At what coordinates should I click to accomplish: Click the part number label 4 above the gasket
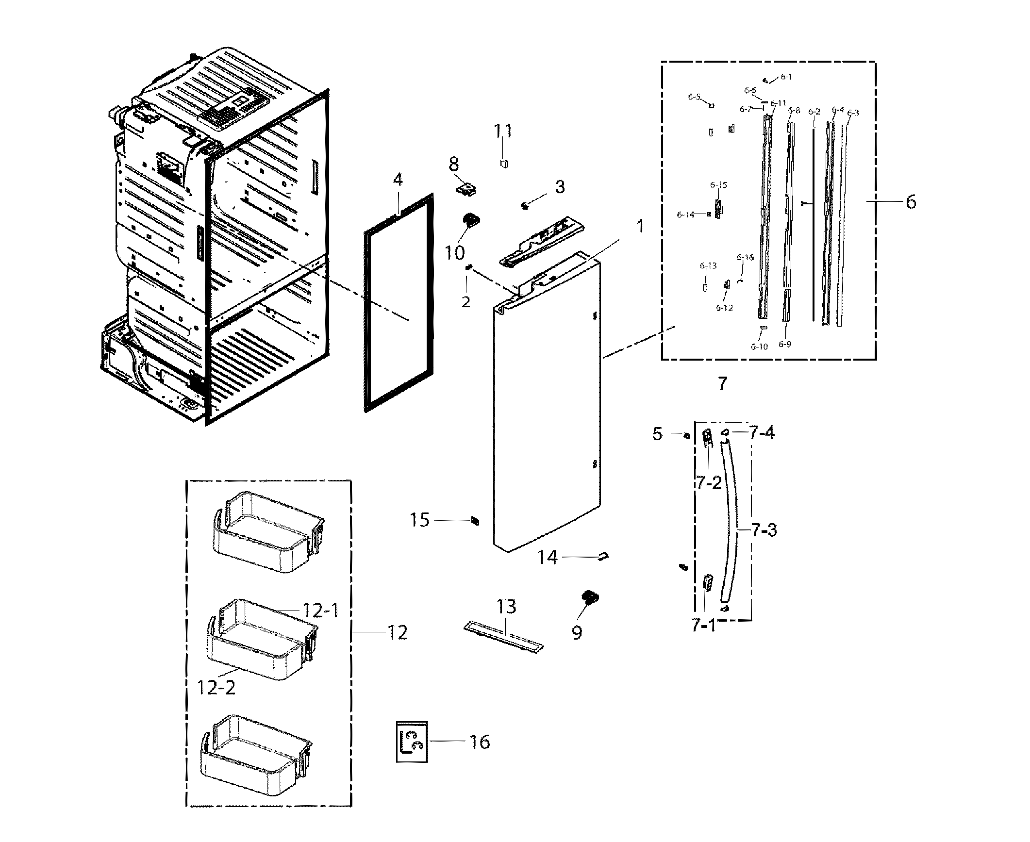click(398, 180)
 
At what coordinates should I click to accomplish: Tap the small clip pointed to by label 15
click(475, 521)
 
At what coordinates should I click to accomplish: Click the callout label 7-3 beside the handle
click(764, 530)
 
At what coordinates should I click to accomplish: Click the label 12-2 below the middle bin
click(216, 687)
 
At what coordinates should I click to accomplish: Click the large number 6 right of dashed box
click(911, 201)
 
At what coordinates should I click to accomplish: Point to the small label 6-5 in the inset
click(694, 97)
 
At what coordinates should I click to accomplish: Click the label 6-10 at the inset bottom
click(759, 346)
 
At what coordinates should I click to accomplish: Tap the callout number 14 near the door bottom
click(548, 558)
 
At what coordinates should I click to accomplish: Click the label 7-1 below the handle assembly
click(704, 626)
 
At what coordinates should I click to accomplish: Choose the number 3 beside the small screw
click(560, 186)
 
